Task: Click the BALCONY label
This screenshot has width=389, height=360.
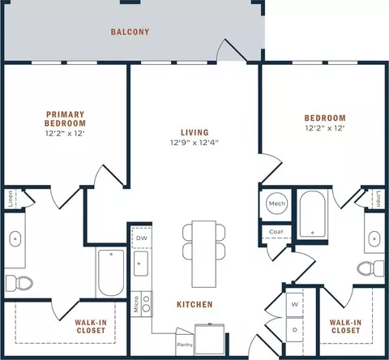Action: [x=130, y=32]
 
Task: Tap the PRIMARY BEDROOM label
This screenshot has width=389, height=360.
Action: [x=65, y=119]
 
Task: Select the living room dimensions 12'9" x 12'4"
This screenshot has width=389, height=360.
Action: [x=194, y=143]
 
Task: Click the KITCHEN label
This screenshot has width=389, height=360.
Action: [x=194, y=305]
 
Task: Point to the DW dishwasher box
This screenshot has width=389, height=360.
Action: [x=142, y=238]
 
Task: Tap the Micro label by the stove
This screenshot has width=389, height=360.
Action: [x=136, y=304]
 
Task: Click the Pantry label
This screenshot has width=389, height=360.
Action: [x=185, y=345]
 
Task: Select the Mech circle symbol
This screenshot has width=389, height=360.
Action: [x=276, y=204]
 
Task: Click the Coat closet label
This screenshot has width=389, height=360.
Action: [x=276, y=232]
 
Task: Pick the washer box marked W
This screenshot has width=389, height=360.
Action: [x=295, y=305]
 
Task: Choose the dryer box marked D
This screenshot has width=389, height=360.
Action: [x=295, y=330]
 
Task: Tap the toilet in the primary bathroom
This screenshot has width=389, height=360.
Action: [x=19, y=283]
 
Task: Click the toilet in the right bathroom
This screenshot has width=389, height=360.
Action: [x=370, y=268]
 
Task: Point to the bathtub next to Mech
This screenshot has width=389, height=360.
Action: [x=313, y=214]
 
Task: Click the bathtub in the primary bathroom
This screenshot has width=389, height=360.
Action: [x=111, y=273]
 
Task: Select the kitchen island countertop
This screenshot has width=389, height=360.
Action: [x=204, y=254]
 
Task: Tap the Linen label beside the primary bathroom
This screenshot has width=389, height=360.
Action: [x=11, y=199]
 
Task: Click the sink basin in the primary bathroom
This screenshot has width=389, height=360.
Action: [x=15, y=238]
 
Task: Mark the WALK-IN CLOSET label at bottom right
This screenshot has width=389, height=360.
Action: [x=345, y=326]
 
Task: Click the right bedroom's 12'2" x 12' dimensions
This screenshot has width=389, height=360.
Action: [x=325, y=128]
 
